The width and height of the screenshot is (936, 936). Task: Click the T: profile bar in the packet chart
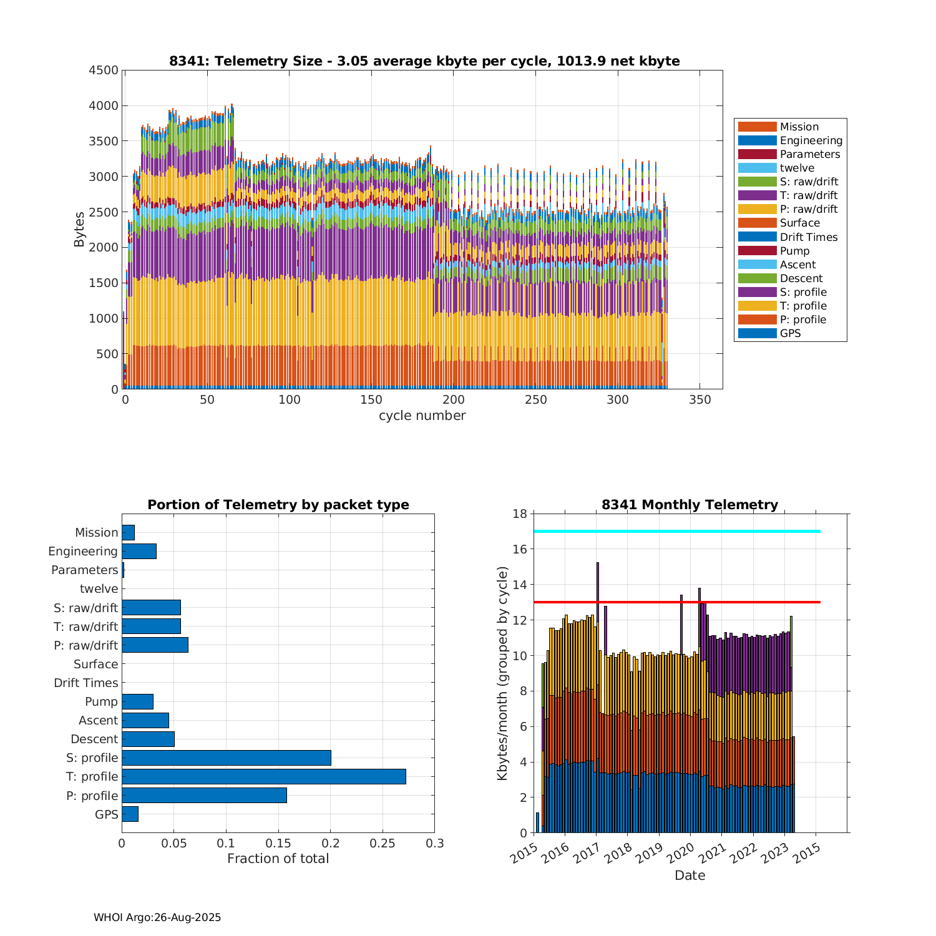(x=263, y=776)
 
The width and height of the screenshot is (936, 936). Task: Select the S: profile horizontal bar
(x=226, y=758)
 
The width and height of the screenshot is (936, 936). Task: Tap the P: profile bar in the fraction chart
(x=204, y=795)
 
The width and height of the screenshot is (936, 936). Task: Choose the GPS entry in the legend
(x=790, y=333)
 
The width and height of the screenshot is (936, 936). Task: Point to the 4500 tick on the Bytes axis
(x=104, y=71)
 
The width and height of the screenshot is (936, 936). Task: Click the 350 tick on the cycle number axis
(x=700, y=400)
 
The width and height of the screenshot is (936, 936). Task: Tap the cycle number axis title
(x=422, y=416)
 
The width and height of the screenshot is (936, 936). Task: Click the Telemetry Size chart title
(x=424, y=61)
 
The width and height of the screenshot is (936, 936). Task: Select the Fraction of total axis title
(x=278, y=859)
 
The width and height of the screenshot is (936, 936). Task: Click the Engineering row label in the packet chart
(x=83, y=551)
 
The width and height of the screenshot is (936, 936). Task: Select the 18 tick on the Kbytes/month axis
(x=520, y=514)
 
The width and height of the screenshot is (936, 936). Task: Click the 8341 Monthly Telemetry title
(x=690, y=505)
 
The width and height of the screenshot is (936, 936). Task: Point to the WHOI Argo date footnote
(x=157, y=917)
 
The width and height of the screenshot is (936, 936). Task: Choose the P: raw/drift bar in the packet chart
(x=155, y=645)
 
